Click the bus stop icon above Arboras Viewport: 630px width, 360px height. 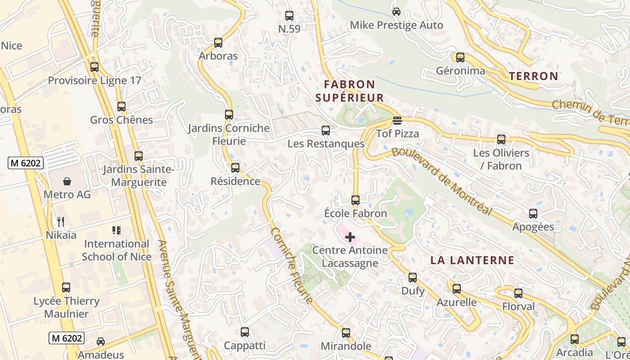[218, 43]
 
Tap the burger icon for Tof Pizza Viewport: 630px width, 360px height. [397, 121]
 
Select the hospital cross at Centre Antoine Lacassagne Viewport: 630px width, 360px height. [350, 237]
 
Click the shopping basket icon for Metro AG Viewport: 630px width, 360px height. [67, 181]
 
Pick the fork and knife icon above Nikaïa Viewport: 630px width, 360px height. [61, 221]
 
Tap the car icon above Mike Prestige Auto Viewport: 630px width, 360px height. [396, 12]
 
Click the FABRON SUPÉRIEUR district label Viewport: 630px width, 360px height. [350, 91]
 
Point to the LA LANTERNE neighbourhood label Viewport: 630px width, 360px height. [472, 260]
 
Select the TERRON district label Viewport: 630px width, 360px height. [533, 76]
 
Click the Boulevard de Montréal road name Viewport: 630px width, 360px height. [441, 180]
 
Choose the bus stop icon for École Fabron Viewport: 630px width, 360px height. [355, 200]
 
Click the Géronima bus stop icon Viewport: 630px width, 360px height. [460, 58]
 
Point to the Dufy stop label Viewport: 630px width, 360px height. [413, 291]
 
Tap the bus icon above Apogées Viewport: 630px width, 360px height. [533, 213]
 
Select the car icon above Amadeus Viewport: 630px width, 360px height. [101, 341]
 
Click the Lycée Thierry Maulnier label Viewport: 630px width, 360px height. [67, 307]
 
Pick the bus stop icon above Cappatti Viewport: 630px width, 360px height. [245, 332]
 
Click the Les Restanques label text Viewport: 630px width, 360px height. [326, 144]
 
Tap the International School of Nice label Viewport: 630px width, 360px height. [116, 250]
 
